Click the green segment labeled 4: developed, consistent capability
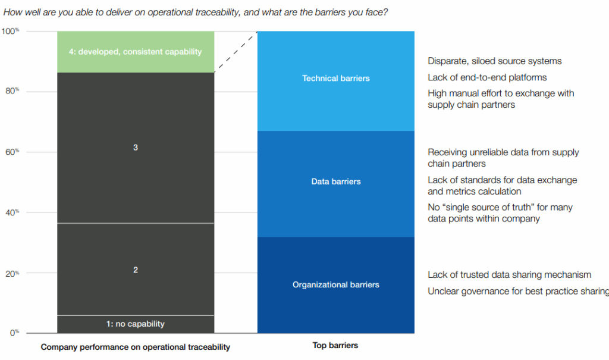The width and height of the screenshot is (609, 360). point(136,52)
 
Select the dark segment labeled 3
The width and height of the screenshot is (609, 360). point(136,148)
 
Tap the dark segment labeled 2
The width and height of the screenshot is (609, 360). point(136,270)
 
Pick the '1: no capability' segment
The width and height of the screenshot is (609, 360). point(136,324)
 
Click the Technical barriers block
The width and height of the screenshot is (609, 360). point(336,81)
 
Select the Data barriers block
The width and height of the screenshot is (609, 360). point(336,184)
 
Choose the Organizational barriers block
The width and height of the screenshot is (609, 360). point(336,285)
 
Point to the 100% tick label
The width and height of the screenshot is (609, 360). point(10,31)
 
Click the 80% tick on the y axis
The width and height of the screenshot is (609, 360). point(12,91)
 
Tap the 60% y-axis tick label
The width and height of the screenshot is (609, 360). point(12,152)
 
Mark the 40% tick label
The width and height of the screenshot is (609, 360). point(12,212)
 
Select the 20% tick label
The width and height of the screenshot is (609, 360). point(12,274)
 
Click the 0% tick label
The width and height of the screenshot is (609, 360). point(14,333)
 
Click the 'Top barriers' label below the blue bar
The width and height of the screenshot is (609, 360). point(335,345)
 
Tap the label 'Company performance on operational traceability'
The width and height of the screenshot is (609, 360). point(135,347)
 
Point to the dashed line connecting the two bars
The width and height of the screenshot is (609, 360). point(236,52)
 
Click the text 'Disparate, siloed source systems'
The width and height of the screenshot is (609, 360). point(494,61)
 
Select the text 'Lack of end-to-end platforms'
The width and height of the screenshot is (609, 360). point(487,77)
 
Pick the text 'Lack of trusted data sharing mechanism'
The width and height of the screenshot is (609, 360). point(509,275)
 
